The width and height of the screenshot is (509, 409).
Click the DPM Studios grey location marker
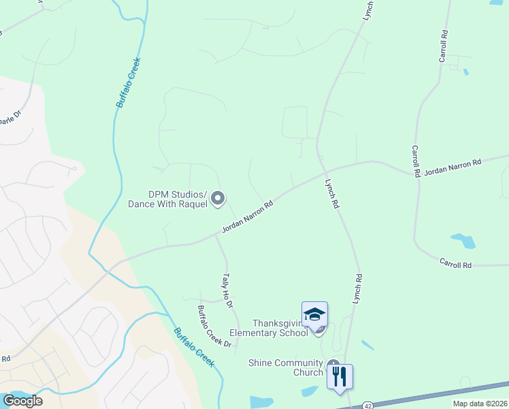click(x=218, y=198)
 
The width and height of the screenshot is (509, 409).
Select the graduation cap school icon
click(x=314, y=314)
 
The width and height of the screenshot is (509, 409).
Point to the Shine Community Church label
click(x=286, y=367)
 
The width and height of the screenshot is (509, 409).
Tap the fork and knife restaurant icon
click(x=340, y=376)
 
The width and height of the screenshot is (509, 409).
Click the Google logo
click(x=22, y=400)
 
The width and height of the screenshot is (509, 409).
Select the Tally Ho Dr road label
click(x=227, y=289)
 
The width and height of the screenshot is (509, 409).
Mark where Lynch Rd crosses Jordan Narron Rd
click(x=325, y=172)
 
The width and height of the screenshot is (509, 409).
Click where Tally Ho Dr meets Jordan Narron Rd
click(x=217, y=235)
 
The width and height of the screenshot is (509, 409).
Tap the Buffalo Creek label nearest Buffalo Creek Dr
click(x=195, y=348)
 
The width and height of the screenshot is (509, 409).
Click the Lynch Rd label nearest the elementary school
click(x=358, y=288)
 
